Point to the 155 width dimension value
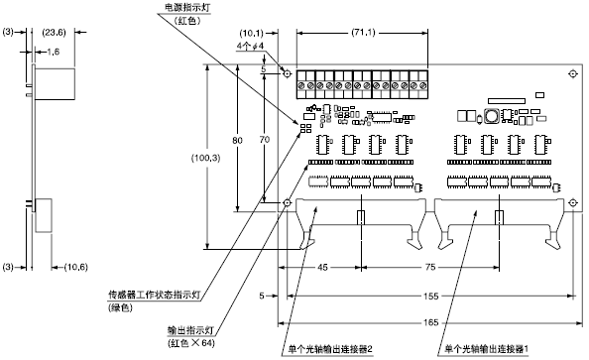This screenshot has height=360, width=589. coord(428,295)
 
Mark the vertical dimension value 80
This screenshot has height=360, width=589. coord(237,141)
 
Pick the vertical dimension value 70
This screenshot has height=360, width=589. coord(262,141)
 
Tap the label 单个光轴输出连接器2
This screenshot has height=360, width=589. coord(329,347)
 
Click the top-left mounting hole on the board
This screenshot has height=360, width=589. coord(288,74)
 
